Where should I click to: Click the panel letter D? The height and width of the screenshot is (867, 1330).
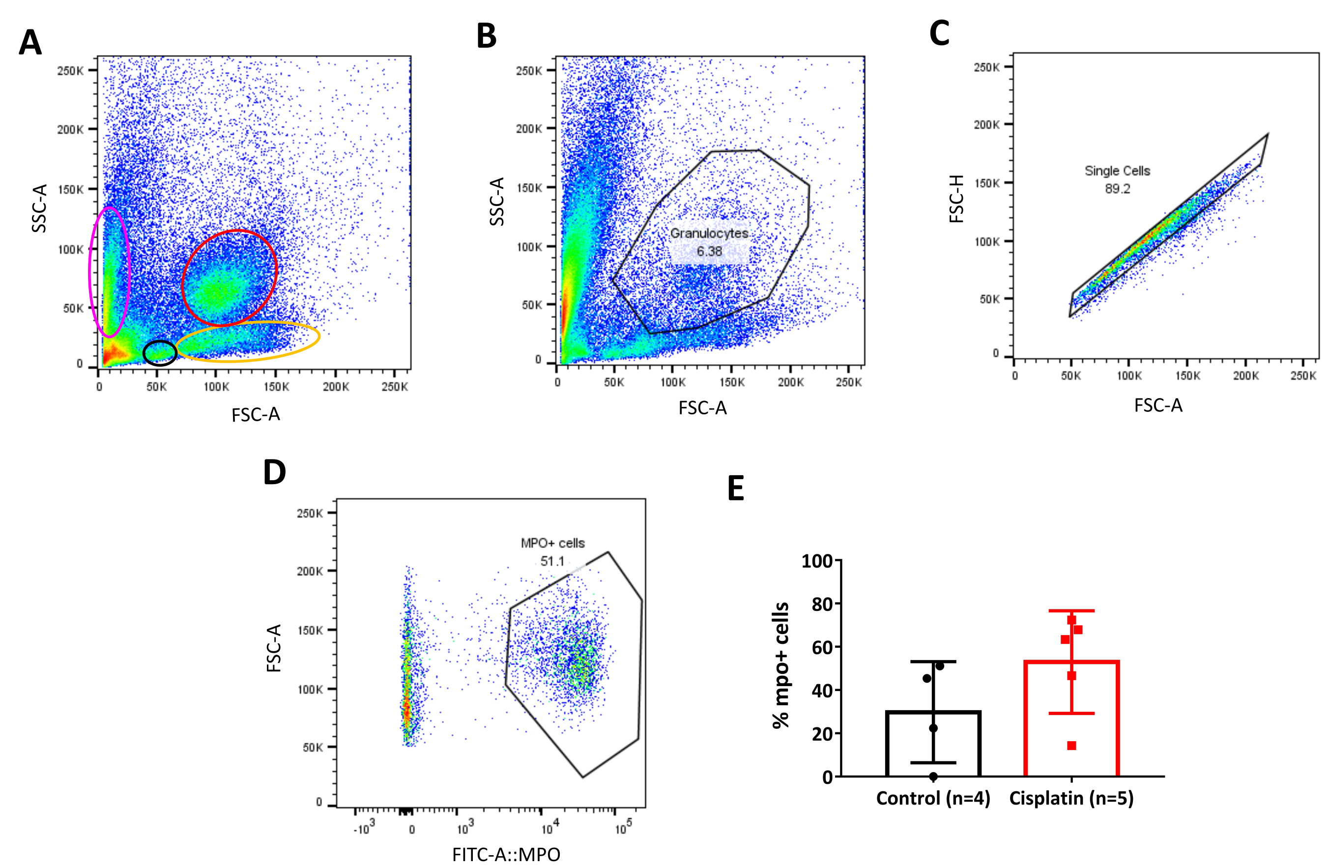pos(274,472)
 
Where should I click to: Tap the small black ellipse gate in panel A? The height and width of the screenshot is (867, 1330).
pos(160,353)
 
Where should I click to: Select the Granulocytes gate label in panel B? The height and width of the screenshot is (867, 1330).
pos(709,233)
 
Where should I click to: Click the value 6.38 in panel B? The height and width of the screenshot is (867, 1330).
pos(709,252)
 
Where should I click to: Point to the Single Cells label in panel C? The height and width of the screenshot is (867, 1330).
pos(1117,171)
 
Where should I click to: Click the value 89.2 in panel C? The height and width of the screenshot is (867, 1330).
pos(1117,189)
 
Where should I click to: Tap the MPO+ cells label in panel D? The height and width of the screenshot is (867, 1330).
pos(552,543)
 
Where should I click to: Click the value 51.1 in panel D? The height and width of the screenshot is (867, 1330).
pos(552,561)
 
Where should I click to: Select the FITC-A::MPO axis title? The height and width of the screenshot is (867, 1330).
pos(506,855)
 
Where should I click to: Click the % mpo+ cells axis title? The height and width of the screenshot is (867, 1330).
pos(781,665)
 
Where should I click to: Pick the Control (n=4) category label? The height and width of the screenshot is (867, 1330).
pos(933,798)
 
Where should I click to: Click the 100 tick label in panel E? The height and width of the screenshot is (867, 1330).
pos(816,561)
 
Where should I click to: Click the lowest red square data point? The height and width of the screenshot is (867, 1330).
pos(1071,745)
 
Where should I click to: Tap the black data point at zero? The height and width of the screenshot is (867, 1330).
pos(933,776)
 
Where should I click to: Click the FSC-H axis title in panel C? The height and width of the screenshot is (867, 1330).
pos(957,199)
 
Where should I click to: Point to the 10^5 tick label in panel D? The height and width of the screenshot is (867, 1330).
pos(624,827)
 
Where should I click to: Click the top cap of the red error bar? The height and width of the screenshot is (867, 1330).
pos(1071,610)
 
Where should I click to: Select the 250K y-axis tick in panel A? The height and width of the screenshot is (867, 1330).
pos(70,71)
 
